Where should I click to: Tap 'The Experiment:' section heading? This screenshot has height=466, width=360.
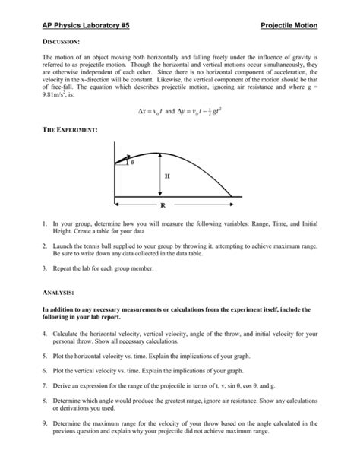pyautogui.click(x=70, y=132)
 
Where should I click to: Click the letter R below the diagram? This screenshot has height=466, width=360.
pyautogui.click(x=163, y=205)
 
